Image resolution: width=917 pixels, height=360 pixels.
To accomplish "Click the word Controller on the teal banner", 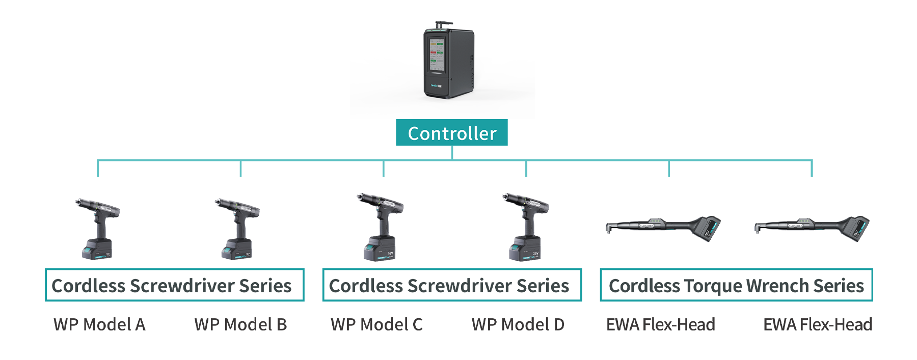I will (452, 134).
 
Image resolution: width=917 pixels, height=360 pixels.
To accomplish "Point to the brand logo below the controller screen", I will (437, 86).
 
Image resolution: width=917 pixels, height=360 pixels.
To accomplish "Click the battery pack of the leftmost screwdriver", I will (96, 251).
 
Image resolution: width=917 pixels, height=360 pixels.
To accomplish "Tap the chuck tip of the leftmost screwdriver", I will (78, 202).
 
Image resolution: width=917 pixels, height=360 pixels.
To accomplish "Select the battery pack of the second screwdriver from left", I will (237, 251).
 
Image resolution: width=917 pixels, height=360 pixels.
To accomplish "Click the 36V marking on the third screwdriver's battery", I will (390, 253).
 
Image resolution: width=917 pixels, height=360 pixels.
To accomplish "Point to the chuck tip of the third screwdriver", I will (360, 196).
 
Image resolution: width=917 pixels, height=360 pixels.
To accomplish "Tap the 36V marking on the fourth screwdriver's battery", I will (535, 253).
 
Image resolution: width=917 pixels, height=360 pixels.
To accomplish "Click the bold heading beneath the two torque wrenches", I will (736, 286).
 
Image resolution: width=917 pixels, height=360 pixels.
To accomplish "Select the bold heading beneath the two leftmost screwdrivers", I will (173, 286).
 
